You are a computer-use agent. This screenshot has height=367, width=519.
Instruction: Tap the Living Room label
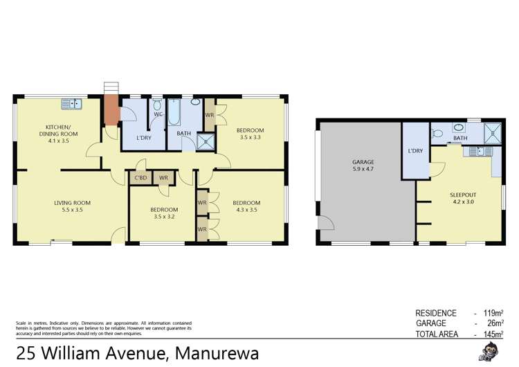(73, 203)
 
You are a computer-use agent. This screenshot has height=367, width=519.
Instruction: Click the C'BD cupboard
(139, 178)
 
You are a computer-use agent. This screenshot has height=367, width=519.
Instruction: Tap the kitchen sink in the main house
(71, 105)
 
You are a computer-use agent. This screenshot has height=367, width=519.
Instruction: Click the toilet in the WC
(157, 106)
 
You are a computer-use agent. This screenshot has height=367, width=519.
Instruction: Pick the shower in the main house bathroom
(206, 141)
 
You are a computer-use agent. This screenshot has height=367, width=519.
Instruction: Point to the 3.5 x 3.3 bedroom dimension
(250, 138)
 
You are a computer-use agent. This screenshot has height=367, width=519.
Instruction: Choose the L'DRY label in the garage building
(415, 150)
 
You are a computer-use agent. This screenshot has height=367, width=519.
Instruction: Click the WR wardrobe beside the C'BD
(163, 178)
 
